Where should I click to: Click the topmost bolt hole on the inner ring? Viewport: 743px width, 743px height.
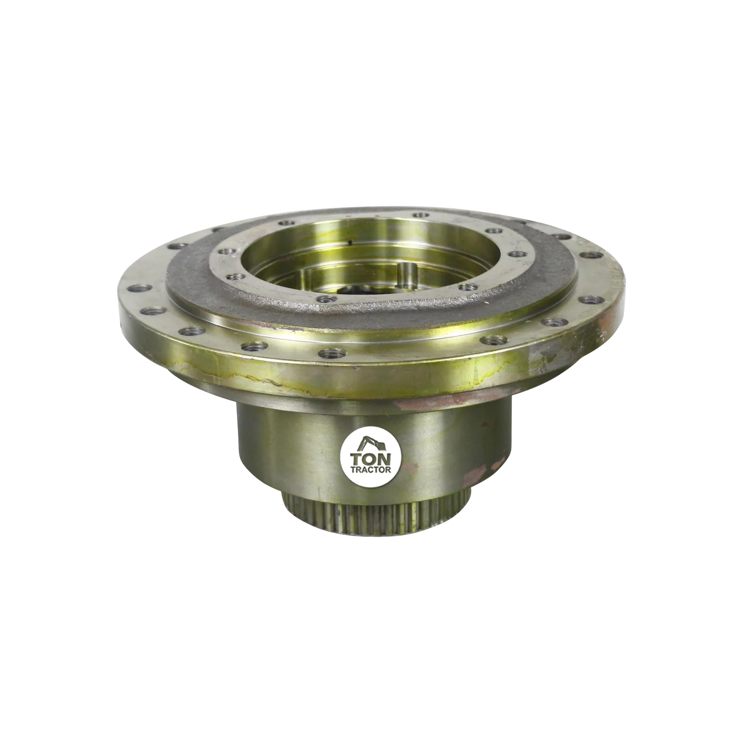pos(420,214)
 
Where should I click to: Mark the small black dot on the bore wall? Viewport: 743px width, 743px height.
pos(351,242)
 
